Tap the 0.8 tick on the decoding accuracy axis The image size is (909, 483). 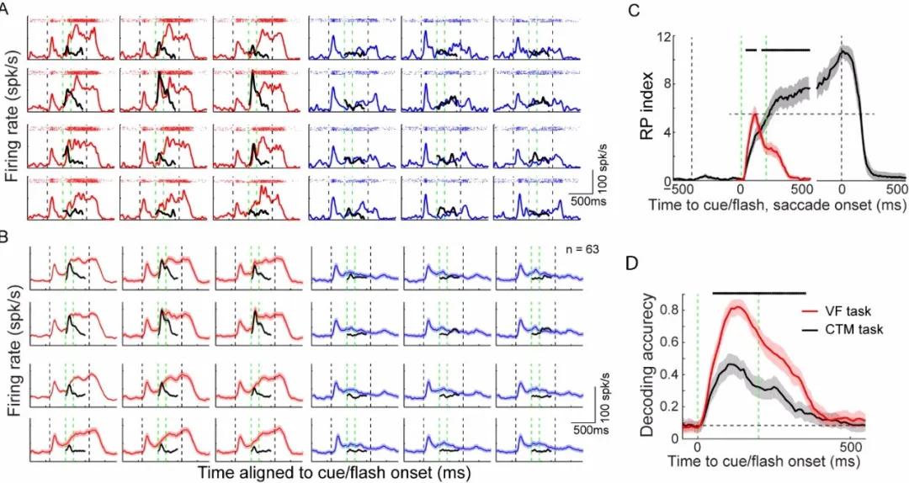[x=671, y=310]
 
